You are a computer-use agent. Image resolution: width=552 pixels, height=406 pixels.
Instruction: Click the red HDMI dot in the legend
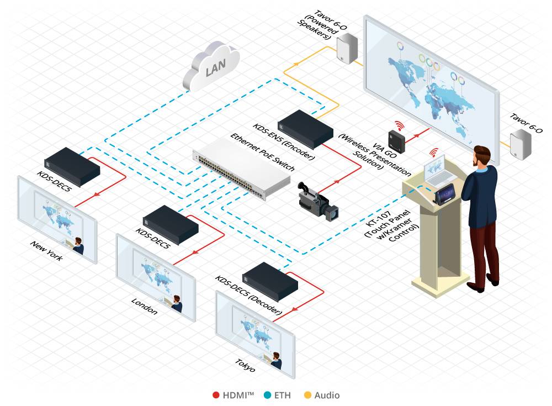(x=216, y=395)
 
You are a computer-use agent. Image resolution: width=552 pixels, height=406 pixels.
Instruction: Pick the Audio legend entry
(x=322, y=395)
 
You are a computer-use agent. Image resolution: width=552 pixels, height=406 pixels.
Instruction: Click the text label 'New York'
(x=46, y=251)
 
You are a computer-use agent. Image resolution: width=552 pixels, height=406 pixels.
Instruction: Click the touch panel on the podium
(x=445, y=194)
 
